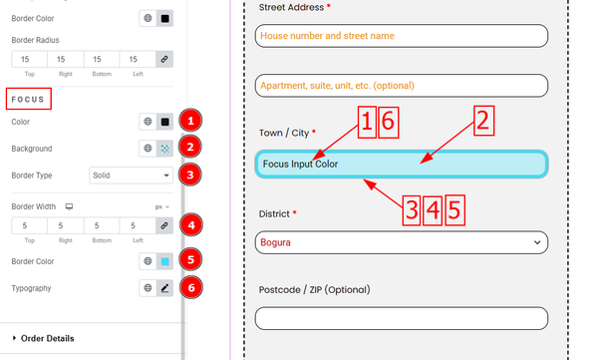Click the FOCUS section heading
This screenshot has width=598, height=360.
pos(28,100)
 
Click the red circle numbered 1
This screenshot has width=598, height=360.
pos(190,121)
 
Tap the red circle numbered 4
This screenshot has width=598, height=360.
pos(191,225)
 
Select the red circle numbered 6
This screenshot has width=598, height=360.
pos(191,287)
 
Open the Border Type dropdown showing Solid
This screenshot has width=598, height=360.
pos(131,176)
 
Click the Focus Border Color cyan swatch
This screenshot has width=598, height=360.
pos(164,261)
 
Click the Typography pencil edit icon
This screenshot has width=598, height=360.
pos(164,288)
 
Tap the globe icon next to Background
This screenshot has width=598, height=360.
pos(148,149)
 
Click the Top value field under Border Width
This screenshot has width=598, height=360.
pos(29,225)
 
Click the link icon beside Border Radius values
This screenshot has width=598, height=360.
pos(164,59)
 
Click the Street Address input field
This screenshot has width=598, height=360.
pos(402,36)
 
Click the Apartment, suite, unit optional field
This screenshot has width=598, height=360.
pos(402,86)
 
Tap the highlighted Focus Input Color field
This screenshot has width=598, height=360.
pos(402,164)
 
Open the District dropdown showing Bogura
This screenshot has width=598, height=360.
pos(402,242)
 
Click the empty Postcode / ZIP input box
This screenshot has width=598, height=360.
pos(402,318)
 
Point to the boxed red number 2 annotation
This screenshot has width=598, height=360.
pos(483,121)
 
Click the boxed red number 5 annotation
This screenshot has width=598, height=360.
pos(454,210)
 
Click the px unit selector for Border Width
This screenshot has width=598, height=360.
pos(161,206)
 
